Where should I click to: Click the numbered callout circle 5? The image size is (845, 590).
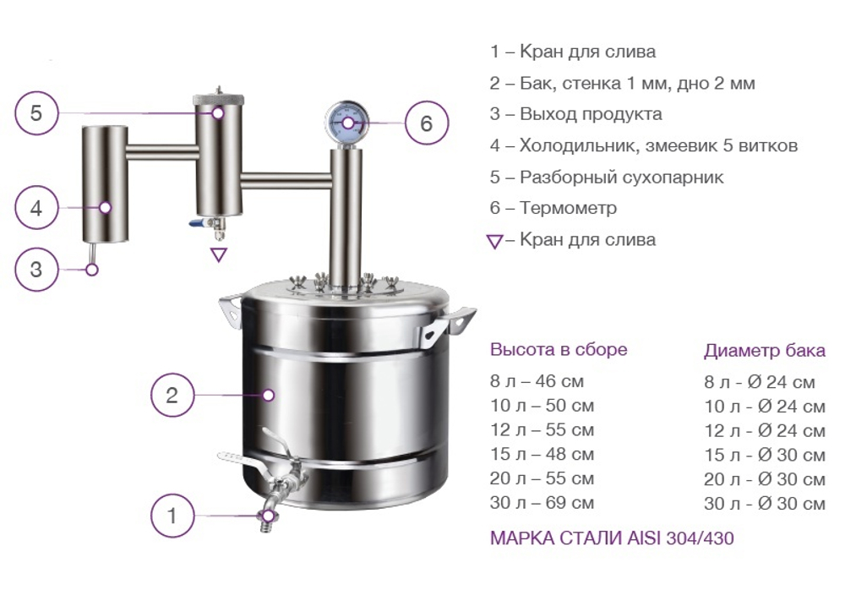[x=36, y=112]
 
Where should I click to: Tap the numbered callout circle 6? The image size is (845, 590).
[x=426, y=123]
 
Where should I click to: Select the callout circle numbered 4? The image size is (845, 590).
[x=36, y=207]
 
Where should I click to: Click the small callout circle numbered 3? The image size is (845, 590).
[x=36, y=270]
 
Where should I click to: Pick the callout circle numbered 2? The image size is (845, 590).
[x=172, y=395]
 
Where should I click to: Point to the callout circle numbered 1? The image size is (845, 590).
[x=172, y=515]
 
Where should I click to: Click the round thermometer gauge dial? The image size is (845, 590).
[x=345, y=123]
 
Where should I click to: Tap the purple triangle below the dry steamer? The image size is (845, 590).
[x=219, y=254]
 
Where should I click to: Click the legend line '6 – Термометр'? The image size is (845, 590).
[x=553, y=208]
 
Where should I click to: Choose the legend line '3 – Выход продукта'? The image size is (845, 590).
[x=575, y=114]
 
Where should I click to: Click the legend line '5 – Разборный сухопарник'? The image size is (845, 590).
[x=607, y=178]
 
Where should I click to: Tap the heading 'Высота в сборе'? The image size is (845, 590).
[x=559, y=350]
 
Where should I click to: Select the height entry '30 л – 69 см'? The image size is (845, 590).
[x=542, y=503]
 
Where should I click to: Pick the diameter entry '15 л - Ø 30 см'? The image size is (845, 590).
[x=764, y=455]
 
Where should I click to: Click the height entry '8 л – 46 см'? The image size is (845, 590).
[x=537, y=381]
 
